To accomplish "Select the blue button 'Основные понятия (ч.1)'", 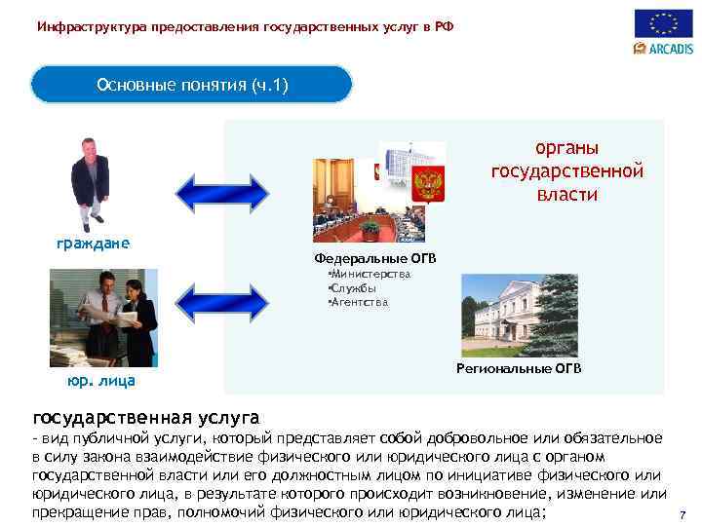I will pyautogui.click(x=191, y=85).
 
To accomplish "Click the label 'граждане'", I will pyautogui.click(x=94, y=242).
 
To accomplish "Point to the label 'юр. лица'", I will pyautogui.click(x=101, y=379).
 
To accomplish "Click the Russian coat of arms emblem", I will pyautogui.click(x=428, y=184).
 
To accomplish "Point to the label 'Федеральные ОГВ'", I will pyautogui.click(x=374, y=259).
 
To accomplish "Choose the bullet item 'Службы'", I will pyautogui.click(x=352, y=288).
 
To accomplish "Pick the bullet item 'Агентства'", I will pyautogui.click(x=358, y=302).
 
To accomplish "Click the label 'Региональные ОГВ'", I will pyautogui.click(x=518, y=369).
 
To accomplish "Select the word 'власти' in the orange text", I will pyautogui.click(x=566, y=195).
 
